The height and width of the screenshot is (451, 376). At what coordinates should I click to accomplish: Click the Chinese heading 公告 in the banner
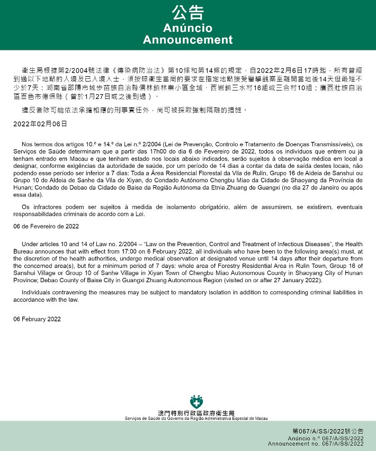coord(188,13)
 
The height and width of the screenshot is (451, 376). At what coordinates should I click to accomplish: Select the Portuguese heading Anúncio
coord(188,28)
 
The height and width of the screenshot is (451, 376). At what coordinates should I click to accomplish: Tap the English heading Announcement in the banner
coord(188,40)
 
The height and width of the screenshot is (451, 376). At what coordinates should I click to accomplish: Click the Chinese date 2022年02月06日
coord(40,123)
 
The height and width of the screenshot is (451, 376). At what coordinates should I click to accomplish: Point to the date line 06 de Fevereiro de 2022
coord(46,227)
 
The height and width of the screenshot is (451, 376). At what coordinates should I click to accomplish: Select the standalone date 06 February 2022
coord(37,319)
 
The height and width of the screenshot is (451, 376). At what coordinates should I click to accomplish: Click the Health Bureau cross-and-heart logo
coord(196,402)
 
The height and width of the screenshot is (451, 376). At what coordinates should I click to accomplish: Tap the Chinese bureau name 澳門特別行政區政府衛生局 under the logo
coord(196,413)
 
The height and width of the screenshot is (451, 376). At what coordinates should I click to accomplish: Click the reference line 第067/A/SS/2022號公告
coord(328,432)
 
